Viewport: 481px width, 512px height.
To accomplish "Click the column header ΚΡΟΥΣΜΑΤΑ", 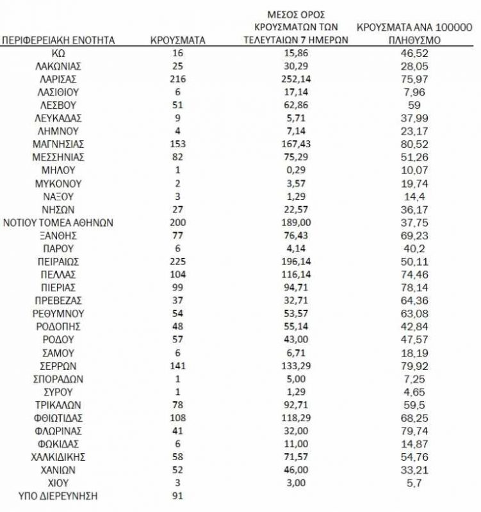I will [178, 40].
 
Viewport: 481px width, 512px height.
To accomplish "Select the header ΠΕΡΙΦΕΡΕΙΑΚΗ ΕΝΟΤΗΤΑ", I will [59, 40].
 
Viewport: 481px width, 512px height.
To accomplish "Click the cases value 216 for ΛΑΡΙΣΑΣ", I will [178, 79].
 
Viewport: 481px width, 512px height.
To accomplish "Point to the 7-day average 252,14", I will [296, 79].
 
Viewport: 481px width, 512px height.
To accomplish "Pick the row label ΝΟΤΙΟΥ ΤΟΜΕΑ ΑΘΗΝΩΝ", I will [58, 222].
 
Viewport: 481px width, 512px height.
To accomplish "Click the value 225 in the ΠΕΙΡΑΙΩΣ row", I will [178, 261].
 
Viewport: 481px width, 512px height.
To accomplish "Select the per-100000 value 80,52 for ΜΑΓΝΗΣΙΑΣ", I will [414, 144].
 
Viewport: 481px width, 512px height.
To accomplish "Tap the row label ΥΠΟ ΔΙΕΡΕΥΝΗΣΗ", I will [59, 495].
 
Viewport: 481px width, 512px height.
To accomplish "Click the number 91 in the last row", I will [178, 495].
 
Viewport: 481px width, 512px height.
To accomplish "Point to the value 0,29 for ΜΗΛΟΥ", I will [296, 170].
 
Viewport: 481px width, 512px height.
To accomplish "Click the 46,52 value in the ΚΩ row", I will [414, 53].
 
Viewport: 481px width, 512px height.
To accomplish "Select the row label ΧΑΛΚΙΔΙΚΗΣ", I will [58, 456].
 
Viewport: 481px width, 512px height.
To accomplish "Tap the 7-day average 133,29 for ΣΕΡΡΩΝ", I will [296, 365].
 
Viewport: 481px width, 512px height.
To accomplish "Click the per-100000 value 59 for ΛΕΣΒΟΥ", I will [414, 105].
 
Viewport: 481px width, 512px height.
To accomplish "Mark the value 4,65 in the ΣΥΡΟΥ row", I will [414, 391].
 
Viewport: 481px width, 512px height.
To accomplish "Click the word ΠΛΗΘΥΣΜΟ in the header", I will [414, 40].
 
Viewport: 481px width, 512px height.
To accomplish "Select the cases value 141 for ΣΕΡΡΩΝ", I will [178, 365].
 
